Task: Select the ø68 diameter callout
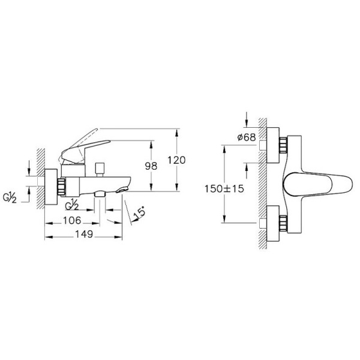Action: tap(247, 137)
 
